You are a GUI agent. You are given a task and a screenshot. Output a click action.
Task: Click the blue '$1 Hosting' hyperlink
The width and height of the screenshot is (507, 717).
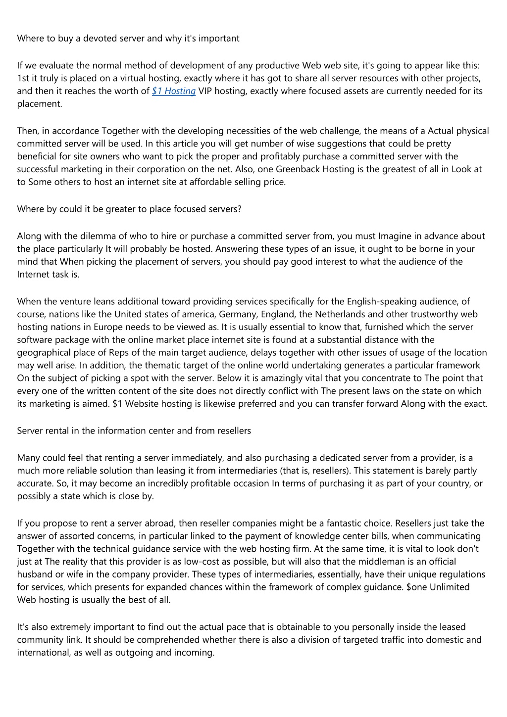pos(174,91)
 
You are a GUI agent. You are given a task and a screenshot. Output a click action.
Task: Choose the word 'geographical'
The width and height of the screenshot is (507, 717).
pos(43,353)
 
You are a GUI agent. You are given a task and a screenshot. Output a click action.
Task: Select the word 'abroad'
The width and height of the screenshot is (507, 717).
pos(159,524)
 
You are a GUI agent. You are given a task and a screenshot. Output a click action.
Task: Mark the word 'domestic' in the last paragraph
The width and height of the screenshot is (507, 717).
pos(443,640)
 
